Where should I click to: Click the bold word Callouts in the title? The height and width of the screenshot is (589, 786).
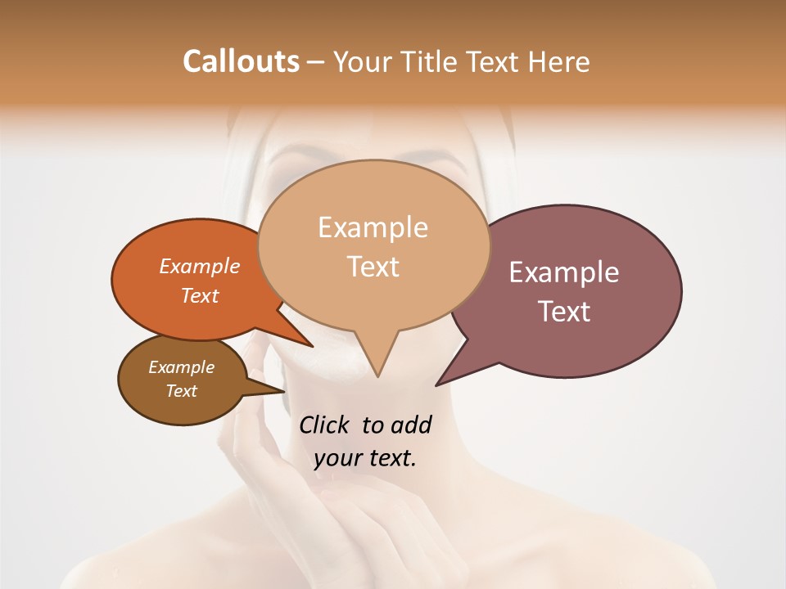coord(241,61)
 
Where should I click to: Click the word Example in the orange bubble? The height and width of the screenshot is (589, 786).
coord(200,266)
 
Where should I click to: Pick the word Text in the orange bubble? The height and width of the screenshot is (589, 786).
coord(200,295)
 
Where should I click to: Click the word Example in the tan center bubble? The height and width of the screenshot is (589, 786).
coord(373,227)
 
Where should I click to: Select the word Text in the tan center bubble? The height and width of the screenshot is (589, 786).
coord(373,267)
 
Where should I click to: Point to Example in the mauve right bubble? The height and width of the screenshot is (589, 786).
coord(564,272)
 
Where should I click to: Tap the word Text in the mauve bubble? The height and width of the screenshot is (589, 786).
coord(564,312)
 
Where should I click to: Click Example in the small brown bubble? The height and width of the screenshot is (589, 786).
coord(182,367)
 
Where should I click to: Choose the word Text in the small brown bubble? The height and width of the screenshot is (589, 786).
coord(182,391)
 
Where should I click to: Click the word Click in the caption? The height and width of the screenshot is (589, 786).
coord(327,425)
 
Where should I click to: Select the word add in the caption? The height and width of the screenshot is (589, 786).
coord(411,425)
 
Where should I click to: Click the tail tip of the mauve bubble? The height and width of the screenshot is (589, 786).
coord(436,385)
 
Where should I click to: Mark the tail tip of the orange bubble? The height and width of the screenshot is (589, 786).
coord(313,347)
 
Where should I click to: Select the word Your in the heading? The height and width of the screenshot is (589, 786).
coord(361,61)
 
